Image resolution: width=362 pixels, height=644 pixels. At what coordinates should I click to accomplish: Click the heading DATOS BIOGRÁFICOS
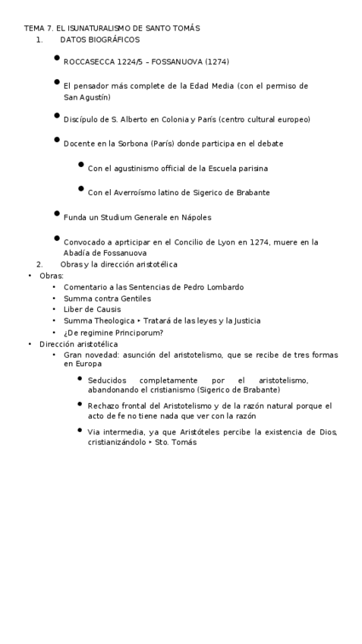point(99,39)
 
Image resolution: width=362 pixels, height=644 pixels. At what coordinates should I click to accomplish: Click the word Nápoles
point(196,217)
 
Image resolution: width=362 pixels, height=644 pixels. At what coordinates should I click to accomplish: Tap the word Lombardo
point(225,287)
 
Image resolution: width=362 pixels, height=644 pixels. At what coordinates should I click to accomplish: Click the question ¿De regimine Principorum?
point(113,332)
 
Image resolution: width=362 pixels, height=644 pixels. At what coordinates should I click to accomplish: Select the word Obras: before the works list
point(52,276)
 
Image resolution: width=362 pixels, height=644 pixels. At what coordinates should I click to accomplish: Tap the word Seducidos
point(108,380)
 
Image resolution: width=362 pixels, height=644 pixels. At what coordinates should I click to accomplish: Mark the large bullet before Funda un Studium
point(57,214)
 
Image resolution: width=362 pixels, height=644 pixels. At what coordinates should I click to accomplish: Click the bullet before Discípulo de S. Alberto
point(57,116)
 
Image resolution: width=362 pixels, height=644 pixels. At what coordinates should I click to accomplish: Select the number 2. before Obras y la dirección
point(39,264)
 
